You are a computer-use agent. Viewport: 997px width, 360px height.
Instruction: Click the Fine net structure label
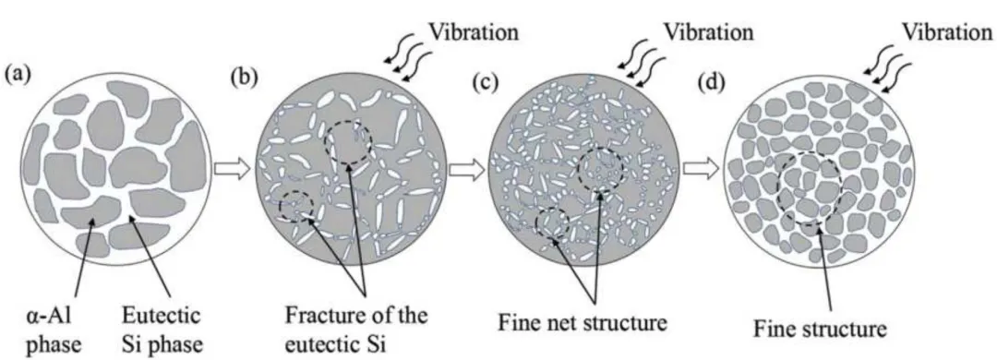click(582, 322)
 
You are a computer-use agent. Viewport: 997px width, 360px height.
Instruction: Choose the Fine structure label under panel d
click(820, 330)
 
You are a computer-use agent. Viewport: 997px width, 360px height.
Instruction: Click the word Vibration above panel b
click(474, 31)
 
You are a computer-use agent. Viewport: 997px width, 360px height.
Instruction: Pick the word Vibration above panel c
click(707, 30)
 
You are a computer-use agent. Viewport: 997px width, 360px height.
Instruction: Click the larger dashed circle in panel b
click(325, 140)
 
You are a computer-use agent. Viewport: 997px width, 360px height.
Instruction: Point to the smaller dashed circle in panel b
click(281, 207)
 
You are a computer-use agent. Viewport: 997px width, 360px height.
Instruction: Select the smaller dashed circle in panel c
click(535, 222)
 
